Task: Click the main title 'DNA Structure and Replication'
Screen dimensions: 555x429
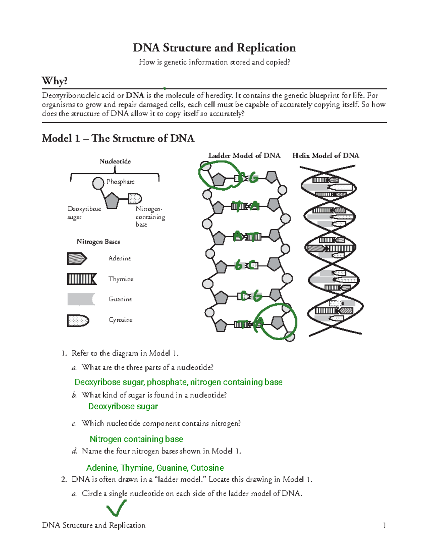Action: click(214, 48)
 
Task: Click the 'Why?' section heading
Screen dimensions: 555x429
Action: click(54, 81)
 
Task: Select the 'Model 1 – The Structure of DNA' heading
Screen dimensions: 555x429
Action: click(118, 138)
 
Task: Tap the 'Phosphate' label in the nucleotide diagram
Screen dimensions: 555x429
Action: click(120, 182)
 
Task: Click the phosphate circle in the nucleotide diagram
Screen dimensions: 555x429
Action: click(98, 183)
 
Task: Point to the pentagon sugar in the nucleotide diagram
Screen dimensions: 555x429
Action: click(112, 201)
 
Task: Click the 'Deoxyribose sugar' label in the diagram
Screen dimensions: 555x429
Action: click(84, 213)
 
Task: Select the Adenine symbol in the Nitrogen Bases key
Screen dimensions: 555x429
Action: click(77, 258)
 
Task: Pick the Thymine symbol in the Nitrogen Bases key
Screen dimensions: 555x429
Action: click(82, 279)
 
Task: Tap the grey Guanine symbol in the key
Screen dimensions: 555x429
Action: click(81, 299)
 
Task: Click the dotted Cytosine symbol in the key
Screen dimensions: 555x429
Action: click(78, 321)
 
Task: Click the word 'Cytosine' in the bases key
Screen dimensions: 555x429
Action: click(120, 320)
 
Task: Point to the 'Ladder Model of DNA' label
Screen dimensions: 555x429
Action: click(244, 155)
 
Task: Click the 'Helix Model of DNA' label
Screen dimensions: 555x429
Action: click(326, 155)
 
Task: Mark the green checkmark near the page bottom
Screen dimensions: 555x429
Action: click(117, 508)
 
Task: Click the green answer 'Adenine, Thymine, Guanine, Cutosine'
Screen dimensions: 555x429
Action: click(155, 468)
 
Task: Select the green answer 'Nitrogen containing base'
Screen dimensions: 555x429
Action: click(136, 439)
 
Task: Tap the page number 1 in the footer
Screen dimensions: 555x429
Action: click(384, 525)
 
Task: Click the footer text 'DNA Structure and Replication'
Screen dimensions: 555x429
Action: click(94, 525)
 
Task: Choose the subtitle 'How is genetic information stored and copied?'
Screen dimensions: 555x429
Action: click(214, 62)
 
